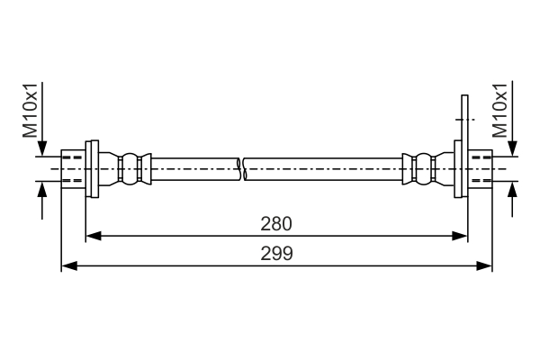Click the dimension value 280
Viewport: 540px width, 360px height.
(x=276, y=223)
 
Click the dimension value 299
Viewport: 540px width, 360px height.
(x=276, y=254)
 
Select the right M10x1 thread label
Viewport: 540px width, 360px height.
(x=502, y=111)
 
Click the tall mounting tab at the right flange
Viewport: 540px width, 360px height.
(x=464, y=117)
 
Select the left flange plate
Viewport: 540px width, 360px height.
(x=91, y=168)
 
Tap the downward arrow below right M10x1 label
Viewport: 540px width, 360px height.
(x=514, y=149)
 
